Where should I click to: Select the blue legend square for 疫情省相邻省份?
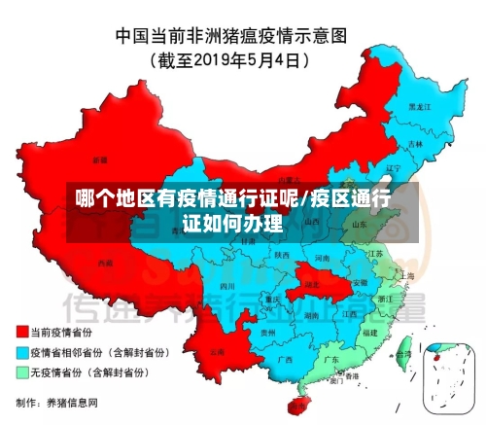point(20,352)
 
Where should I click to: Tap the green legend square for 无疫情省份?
point(20,372)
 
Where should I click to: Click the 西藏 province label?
point(105,263)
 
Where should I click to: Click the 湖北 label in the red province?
point(311,283)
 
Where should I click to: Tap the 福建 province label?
point(368,332)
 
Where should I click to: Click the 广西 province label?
point(284,359)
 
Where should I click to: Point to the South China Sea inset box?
point(449,375)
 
